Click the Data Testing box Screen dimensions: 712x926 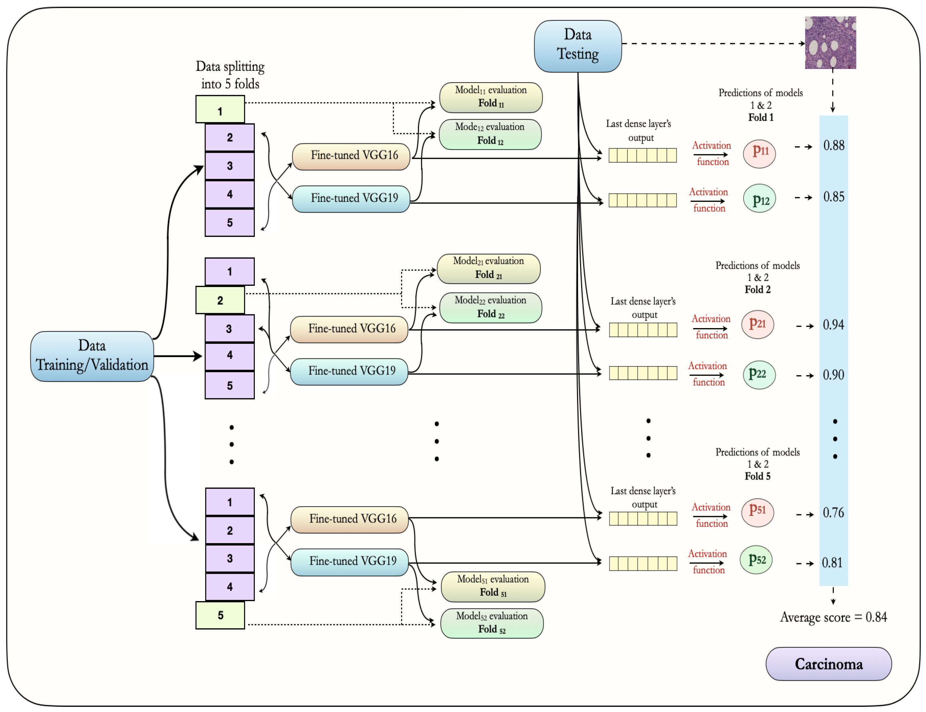[x=577, y=46]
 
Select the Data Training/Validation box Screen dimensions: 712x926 [x=92, y=356]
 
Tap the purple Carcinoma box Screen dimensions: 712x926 [x=828, y=663]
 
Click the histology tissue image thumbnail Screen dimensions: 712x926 [x=830, y=42]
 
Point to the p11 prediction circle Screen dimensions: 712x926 [x=759, y=153]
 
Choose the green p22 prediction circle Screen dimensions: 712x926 [x=759, y=375]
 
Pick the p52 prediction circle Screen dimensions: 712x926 [x=756, y=560]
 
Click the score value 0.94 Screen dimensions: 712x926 [x=833, y=325]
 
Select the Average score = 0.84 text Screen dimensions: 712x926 [x=833, y=617]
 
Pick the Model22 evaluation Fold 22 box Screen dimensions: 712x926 [x=491, y=307]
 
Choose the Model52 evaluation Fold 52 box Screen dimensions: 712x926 [x=492, y=623]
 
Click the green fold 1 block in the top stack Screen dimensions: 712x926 [x=220, y=109]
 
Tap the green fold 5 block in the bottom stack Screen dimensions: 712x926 [x=220, y=615]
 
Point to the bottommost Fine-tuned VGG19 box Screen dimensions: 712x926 [x=349, y=562]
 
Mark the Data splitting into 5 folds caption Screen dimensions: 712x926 [x=230, y=75]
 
